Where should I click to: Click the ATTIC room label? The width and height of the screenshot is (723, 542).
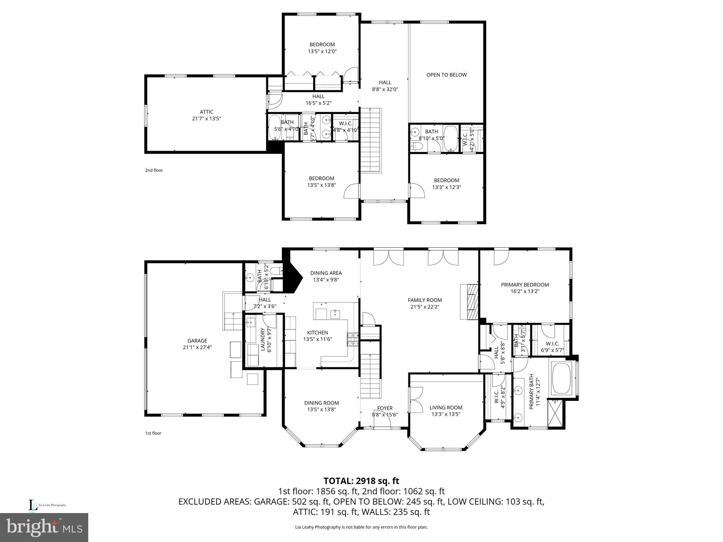click(x=207, y=112)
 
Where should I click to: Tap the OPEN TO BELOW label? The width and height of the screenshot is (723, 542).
click(x=446, y=75)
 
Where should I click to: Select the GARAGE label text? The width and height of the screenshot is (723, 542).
click(x=197, y=341)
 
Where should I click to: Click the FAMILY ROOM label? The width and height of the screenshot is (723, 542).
click(x=425, y=300)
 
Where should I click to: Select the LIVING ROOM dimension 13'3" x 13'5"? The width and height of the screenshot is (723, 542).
click(x=446, y=414)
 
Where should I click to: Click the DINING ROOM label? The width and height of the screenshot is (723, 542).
click(x=321, y=403)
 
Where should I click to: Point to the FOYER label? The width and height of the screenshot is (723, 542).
click(x=385, y=408)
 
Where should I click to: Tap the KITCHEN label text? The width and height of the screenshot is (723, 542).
click(x=317, y=332)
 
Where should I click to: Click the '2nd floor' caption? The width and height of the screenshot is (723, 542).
click(x=154, y=170)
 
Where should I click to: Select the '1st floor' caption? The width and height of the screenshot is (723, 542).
click(x=153, y=433)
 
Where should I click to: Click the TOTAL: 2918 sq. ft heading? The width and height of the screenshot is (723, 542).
click(x=361, y=481)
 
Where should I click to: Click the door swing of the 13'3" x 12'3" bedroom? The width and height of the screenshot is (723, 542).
click(x=417, y=191)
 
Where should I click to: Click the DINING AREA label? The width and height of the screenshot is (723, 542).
click(x=326, y=273)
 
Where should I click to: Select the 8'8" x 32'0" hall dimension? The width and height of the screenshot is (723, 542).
click(x=385, y=89)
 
